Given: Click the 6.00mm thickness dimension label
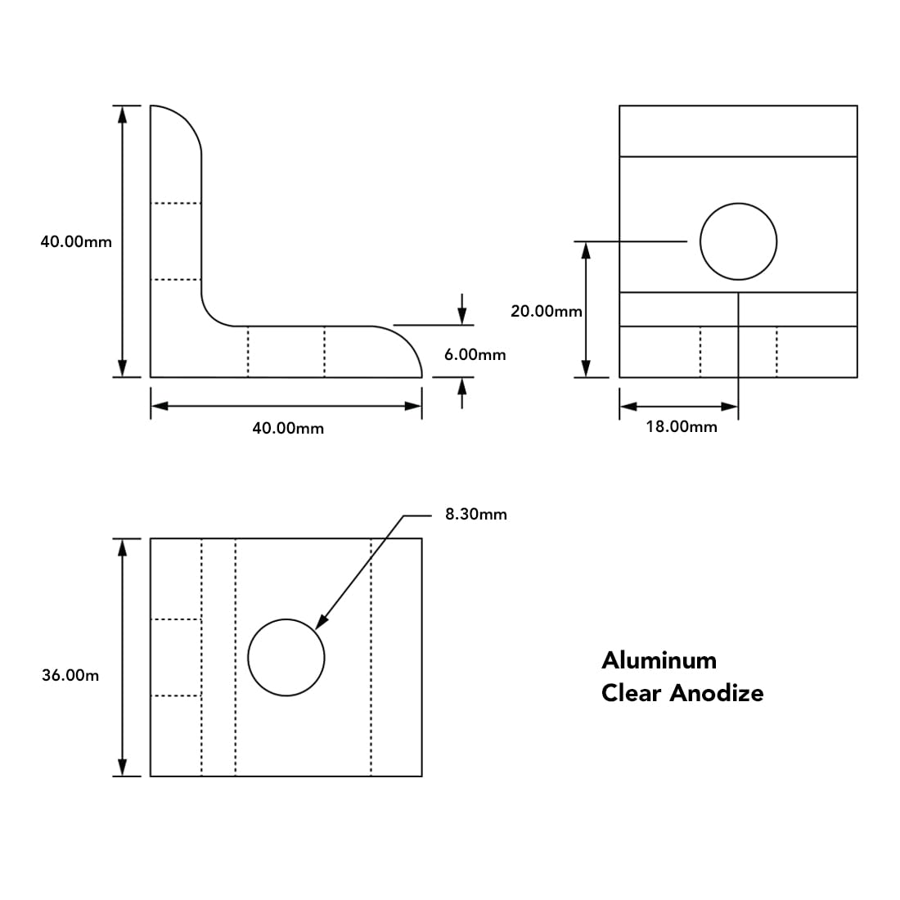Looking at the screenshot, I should point(475,354).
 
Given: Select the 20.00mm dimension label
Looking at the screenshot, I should point(546,311).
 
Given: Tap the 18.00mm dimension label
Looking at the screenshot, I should point(681,426).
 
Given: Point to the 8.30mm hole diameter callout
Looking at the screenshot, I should point(475,514).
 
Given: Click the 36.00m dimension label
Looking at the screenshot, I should point(70,675).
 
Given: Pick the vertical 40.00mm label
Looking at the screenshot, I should point(76,241).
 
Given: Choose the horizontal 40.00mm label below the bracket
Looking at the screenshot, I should point(288,428).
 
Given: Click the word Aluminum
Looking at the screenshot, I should point(659,660).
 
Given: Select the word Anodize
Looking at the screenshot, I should point(717,693).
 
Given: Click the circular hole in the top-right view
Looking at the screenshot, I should point(738,241).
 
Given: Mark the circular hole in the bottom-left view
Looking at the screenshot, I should point(286,657).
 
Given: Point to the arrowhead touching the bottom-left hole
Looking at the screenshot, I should point(320,623).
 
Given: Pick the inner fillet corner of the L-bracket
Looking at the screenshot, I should point(213,315).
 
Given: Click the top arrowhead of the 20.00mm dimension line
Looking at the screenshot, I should point(586,250).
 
